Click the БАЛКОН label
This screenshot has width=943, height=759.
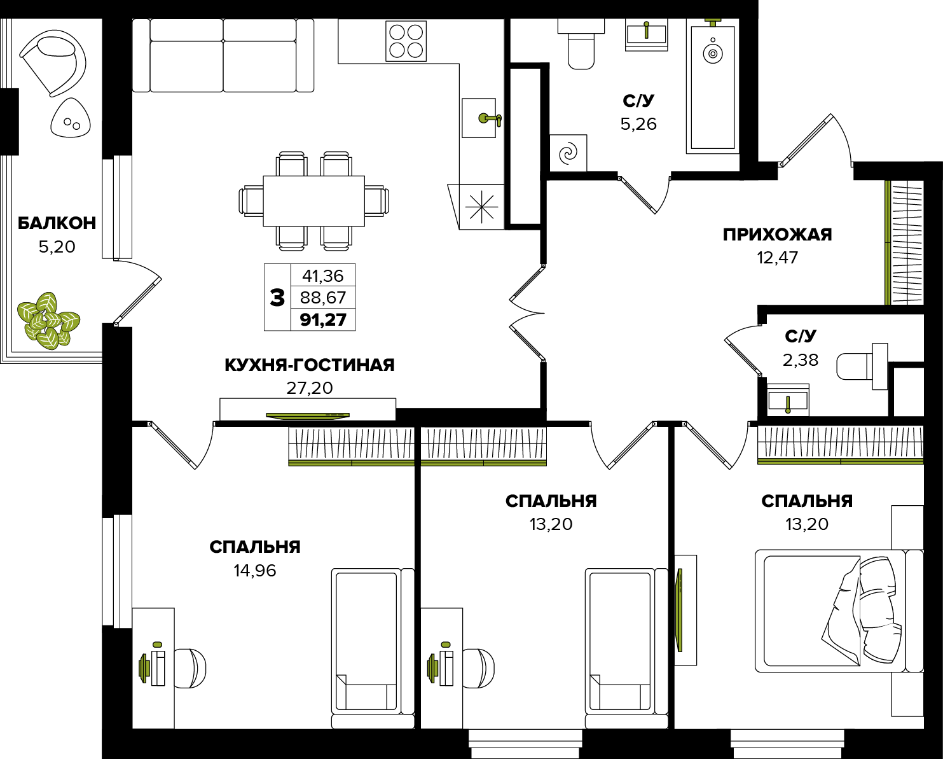(x=57, y=223)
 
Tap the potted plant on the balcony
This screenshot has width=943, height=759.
(x=48, y=321)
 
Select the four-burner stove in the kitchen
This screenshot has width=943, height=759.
(x=406, y=41)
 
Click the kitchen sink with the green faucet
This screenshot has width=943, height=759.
(x=479, y=118)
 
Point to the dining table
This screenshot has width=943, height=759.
(x=313, y=201)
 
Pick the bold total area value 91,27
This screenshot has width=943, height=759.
(x=323, y=319)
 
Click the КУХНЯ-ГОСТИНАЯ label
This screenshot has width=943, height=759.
(x=310, y=365)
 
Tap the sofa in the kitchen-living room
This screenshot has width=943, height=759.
(x=223, y=56)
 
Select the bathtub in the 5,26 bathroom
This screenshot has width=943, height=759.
(x=713, y=88)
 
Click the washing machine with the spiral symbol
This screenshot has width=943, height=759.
(x=568, y=153)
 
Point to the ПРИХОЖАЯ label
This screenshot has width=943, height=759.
(x=778, y=235)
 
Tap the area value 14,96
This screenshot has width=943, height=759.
(x=255, y=571)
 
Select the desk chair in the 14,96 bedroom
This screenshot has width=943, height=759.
(x=190, y=668)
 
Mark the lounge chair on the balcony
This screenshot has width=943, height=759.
(x=53, y=62)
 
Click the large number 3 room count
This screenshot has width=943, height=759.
(x=277, y=298)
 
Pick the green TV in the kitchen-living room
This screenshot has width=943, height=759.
(x=308, y=415)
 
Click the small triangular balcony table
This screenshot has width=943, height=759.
(x=70, y=118)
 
